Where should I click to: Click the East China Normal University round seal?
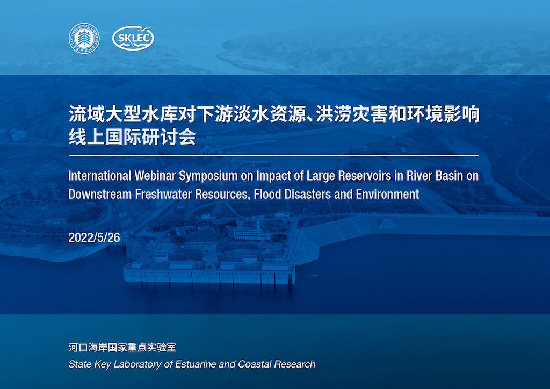84,39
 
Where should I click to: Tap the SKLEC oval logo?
133,38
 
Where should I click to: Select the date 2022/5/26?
94,238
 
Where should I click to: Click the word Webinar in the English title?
155,176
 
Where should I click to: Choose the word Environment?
387,195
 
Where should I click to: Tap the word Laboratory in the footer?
138,365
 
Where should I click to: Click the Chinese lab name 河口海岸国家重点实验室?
122,348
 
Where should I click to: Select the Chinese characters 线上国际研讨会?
132,137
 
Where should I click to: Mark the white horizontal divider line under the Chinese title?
273,155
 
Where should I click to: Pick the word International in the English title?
99,176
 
